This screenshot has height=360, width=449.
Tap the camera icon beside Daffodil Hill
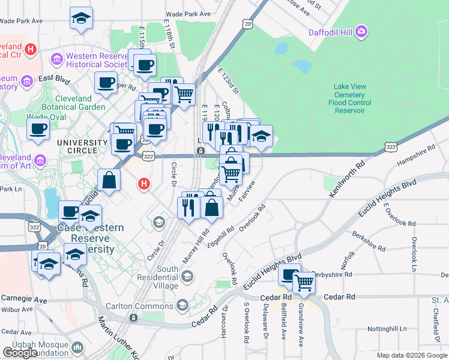pos(361,31)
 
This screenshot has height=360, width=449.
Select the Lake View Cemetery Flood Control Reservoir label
pos(349,95)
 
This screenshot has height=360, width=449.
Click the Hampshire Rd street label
pos(416,158)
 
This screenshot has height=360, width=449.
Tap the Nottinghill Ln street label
pos(387,329)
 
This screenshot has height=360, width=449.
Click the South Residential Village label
pos(168,278)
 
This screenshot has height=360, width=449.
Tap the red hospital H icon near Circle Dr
pos(143,183)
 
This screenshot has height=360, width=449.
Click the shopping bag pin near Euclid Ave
pos(109,179)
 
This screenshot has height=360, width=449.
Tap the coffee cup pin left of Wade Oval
pos(38,128)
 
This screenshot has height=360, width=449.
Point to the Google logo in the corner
pos(20,353)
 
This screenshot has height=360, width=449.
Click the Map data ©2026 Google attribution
pos(412,355)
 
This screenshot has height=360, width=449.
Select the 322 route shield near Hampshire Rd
pos(391,146)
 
